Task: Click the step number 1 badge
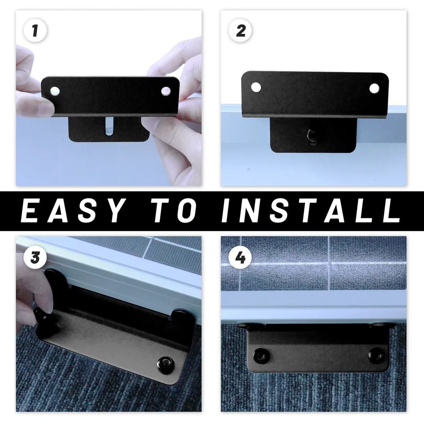pos(35,30)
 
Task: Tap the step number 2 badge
pos(240,30)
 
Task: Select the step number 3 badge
pos(35,257)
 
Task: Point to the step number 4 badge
pos(240,257)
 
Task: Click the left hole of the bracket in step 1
pos(55,91)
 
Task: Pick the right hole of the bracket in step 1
pos(166,91)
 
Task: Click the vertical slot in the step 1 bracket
pos(109,126)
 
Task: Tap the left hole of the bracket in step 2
pos(256,87)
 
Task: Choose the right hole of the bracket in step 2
pos(374,88)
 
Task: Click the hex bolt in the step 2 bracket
pos(312,135)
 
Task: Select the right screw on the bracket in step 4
pos(375,355)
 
